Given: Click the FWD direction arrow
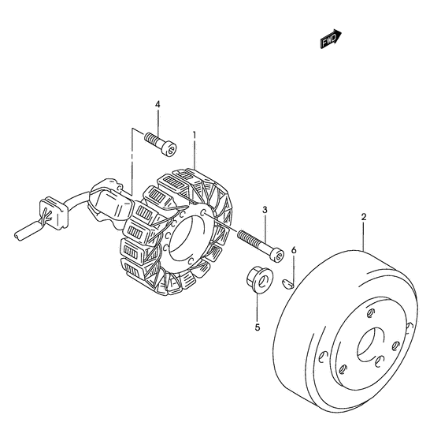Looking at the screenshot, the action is click(x=331, y=39).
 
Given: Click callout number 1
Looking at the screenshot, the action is click(x=194, y=135).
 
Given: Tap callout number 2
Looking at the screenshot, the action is click(x=364, y=217).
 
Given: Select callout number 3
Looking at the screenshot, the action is click(x=265, y=210).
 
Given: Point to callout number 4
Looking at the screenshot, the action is click(x=157, y=104).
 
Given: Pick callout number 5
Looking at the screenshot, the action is click(x=258, y=327).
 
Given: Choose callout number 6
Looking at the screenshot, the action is click(x=294, y=250).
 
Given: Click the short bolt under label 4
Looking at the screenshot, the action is click(x=161, y=144).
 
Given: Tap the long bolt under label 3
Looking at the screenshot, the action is click(x=261, y=246).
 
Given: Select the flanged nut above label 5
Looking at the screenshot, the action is click(x=259, y=279).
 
